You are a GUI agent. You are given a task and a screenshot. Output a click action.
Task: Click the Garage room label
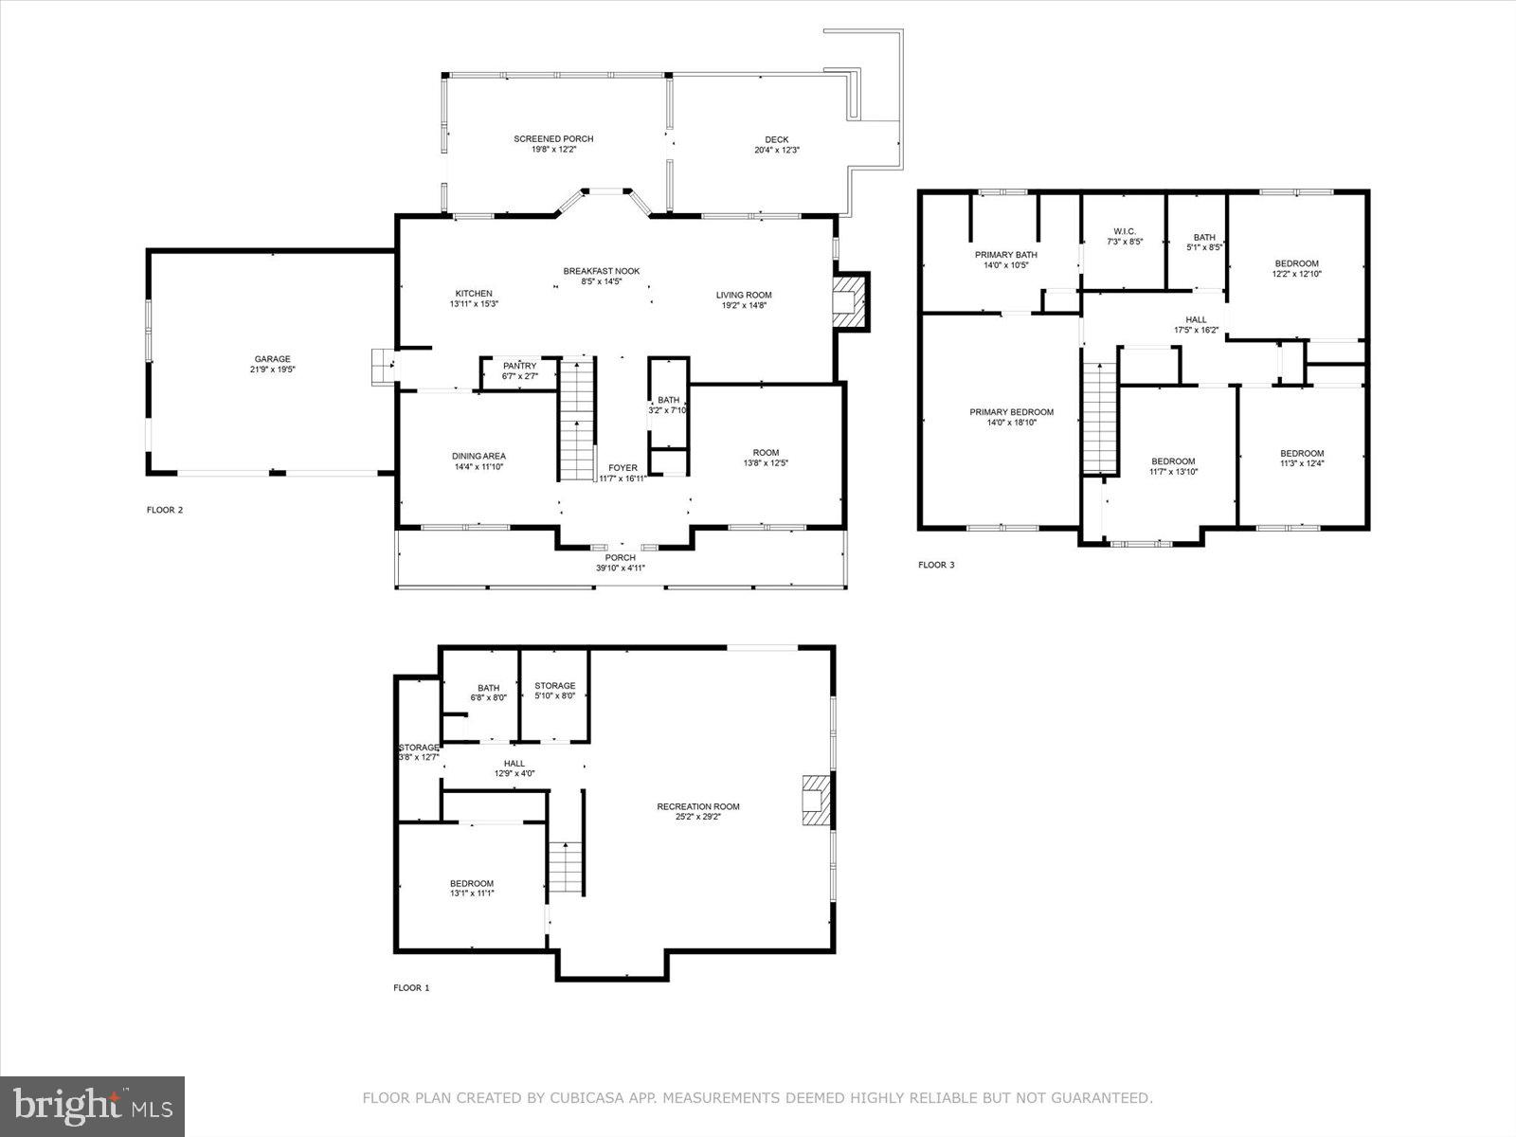pyautogui.click(x=272, y=359)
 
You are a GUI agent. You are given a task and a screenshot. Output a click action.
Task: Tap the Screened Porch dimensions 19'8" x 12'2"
pyautogui.click(x=553, y=150)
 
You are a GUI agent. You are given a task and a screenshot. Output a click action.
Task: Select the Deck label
pyautogui.click(x=777, y=139)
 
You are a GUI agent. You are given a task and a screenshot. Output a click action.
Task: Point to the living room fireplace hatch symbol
pyautogui.click(x=850, y=301)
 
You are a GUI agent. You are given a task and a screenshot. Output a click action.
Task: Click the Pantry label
pyautogui.click(x=519, y=366)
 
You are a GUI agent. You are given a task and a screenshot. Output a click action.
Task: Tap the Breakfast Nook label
pyautogui.click(x=602, y=271)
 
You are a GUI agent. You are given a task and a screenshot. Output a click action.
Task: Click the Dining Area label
pyautogui.click(x=478, y=456)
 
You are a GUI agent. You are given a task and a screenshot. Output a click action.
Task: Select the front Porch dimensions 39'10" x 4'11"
pyautogui.click(x=621, y=568)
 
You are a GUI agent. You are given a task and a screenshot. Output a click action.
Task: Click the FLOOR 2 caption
pyautogui.click(x=165, y=510)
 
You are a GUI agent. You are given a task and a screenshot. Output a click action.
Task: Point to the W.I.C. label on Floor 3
pyautogui.click(x=1125, y=231)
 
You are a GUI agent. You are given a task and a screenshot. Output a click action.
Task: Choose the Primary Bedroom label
pyautogui.click(x=1011, y=412)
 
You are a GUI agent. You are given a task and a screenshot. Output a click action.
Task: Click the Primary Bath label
pyautogui.click(x=1006, y=254)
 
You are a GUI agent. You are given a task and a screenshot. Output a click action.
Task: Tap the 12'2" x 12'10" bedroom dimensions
pyautogui.click(x=1296, y=274)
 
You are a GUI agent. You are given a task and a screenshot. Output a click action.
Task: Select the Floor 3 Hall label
pyautogui.click(x=1197, y=319)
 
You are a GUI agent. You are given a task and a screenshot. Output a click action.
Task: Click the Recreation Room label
pyautogui.click(x=698, y=806)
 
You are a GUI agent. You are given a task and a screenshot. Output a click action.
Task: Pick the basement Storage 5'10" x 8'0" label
pyautogui.click(x=554, y=686)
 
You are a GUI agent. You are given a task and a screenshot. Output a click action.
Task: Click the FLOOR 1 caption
pyautogui.click(x=411, y=987)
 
